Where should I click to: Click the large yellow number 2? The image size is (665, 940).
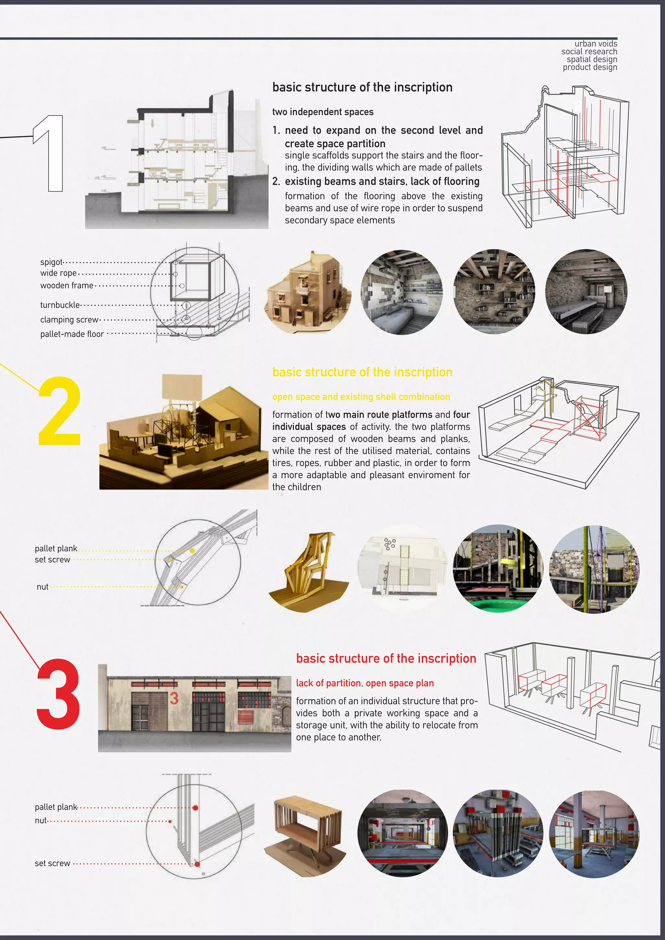coord(60,411)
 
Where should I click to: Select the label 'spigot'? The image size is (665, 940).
coord(52,262)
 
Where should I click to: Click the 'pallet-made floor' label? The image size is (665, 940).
coord(72,334)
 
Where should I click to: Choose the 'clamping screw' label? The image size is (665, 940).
coord(69,319)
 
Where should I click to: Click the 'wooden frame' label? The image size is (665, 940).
coord(67,285)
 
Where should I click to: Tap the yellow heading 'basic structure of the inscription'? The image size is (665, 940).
coord(362,372)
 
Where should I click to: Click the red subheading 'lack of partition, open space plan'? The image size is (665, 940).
coord(365,683)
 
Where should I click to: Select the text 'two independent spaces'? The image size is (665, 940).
coord(323,112)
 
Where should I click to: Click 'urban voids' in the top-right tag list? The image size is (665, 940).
coord(596,43)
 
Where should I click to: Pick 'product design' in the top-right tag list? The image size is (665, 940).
coord(590,67)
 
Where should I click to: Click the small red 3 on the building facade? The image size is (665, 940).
coord(174,699)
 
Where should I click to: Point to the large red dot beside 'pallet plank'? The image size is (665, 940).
coord(195,808)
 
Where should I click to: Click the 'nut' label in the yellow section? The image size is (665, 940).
coord(43,587)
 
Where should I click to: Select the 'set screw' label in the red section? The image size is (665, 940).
coord(52,863)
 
